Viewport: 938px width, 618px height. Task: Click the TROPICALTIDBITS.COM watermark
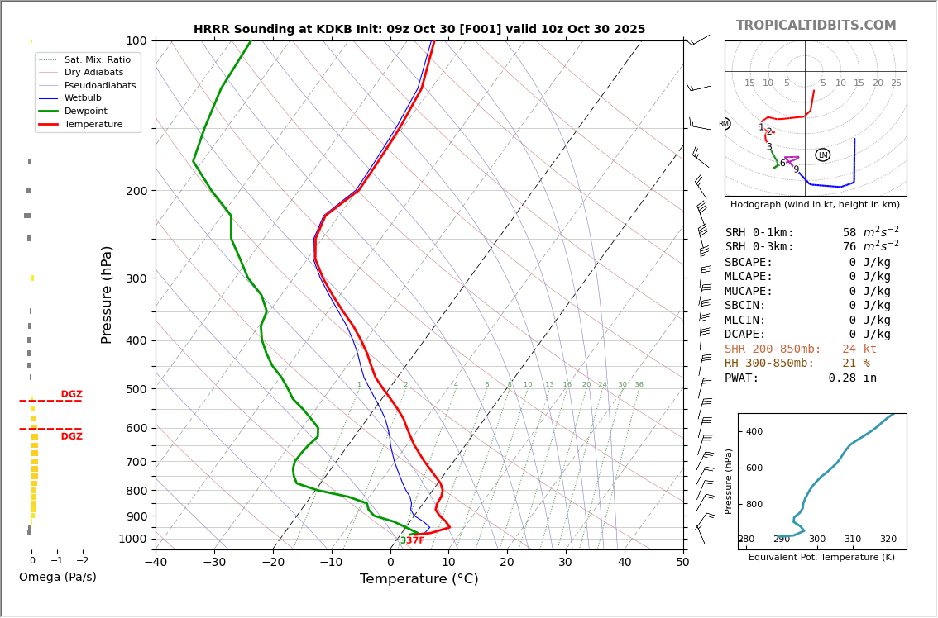click(x=816, y=26)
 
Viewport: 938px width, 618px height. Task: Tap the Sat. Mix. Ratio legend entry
click(x=97, y=60)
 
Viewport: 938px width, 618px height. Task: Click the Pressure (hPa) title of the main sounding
click(x=107, y=294)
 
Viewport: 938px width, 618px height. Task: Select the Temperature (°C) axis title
click(x=419, y=579)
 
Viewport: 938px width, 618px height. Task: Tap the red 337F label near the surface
click(x=412, y=540)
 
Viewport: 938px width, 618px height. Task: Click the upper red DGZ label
click(x=71, y=394)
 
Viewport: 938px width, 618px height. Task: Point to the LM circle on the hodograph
click(x=822, y=155)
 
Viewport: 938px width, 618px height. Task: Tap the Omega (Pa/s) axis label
click(x=57, y=578)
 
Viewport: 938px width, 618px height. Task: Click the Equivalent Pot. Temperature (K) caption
click(x=821, y=558)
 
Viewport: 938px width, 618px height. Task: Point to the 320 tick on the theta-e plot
click(x=888, y=540)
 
